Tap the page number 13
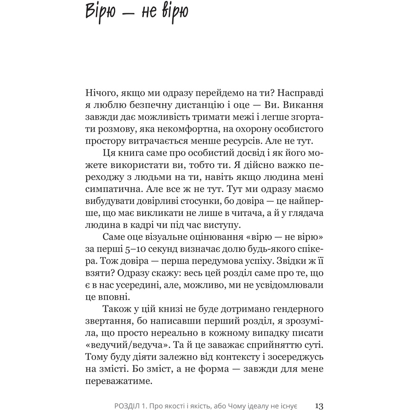tap(319, 406)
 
